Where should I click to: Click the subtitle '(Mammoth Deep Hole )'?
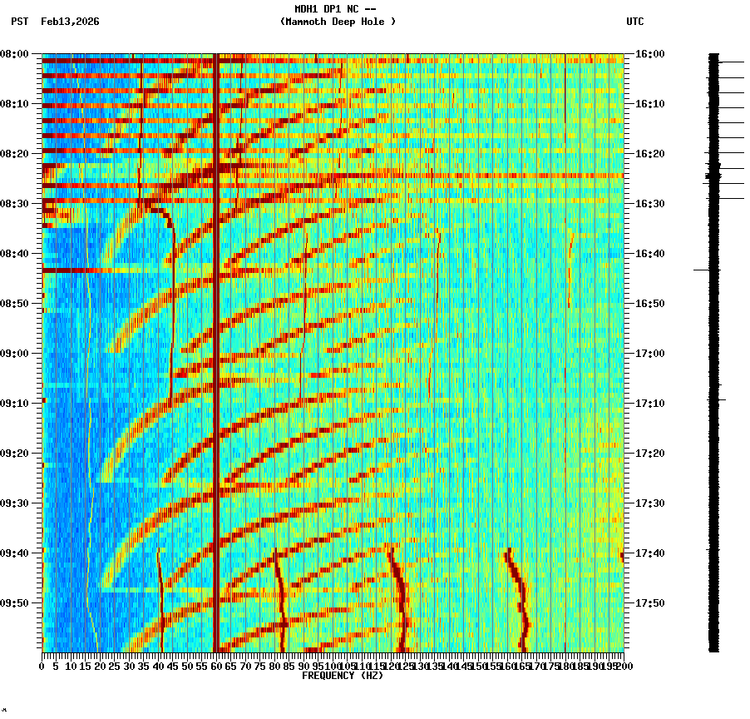[x=338, y=22]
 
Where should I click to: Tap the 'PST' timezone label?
[x=19, y=22]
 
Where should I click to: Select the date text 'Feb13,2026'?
[x=70, y=22]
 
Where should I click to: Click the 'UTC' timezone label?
[x=634, y=22]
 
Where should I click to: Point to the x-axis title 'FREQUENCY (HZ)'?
[x=342, y=676]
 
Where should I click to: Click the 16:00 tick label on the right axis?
[x=649, y=54]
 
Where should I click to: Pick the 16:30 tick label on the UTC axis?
[x=649, y=204]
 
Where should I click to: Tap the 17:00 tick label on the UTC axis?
[x=649, y=354]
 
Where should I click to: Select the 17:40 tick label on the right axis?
[x=649, y=553]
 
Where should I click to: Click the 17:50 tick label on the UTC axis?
[x=649, y=603]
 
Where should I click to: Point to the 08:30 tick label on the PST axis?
[x=15, y=204]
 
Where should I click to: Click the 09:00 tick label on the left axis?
[x=15, y=354]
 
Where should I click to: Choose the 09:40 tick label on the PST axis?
[x=15, y=553]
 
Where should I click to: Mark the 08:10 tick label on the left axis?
[x=15, y=104]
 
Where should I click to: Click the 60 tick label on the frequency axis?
[x=216, y=667]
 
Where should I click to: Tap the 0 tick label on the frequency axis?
[x=42, y=667]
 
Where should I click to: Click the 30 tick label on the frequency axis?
[x=129, y=667]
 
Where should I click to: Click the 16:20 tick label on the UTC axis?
[x=649, y=154]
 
